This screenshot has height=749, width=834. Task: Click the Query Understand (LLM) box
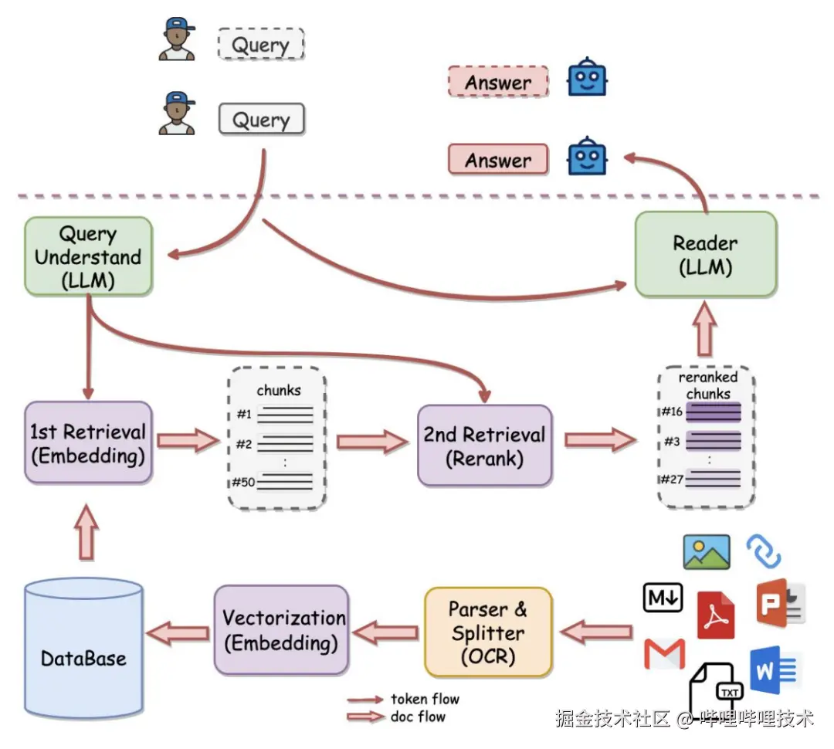(x=88, y=256)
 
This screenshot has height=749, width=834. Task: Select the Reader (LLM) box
(x=705, y=255)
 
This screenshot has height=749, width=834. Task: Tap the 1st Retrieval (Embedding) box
(x=87, y=443)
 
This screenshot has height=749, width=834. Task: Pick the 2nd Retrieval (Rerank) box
(x=484, y=446)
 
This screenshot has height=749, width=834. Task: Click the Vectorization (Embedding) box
(x=281, y=629)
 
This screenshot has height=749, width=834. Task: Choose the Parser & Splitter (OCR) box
(x=488, y=632)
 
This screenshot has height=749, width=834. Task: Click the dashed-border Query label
(x=261, y=45)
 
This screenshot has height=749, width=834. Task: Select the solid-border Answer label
(x=498, y=160)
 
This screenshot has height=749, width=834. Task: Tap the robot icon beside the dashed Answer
(x=588, y=78)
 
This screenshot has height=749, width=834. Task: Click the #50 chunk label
(x=243, y=483)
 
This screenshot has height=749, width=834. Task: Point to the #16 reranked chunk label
(x=671, y=412)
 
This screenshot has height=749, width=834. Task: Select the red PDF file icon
(x=716, y=615)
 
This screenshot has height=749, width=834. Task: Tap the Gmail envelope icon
(x=664, y=654)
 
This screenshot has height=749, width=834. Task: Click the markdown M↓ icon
(x=663, y=597)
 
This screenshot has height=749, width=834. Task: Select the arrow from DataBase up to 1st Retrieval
(x=87, y=533)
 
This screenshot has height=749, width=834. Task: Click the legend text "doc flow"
(x=418, y=717)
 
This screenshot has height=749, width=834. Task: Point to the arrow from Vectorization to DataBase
(x=178, y=633)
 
